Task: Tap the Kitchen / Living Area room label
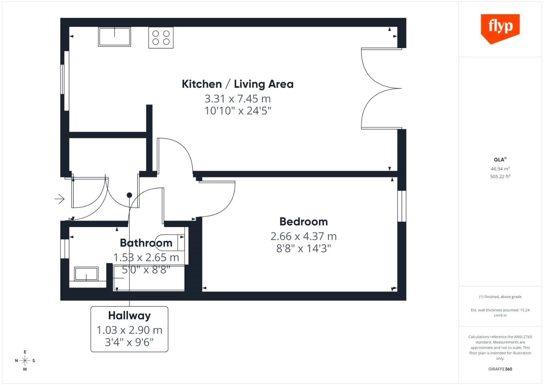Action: pyautogui.click(x=238, y=84)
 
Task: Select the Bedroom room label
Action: pyautogui.click(x=304, y=222)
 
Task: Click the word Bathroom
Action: pyautogui.click(x=146, y=243)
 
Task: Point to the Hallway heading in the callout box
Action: pyautogui.click(x=129, y=316)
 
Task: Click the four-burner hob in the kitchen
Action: pyautogui.click(x=161, y=38)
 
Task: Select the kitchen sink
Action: pyautogui.click(x=114, y=37)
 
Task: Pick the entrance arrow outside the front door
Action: pyautogui.click(x=59, y=199)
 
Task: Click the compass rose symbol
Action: pyautogui.click(x=25, y=361)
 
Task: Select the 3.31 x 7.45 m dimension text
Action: pyautogui.click(x=238, y=99)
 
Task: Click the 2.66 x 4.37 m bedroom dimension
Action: pyautogui.click(x=304, y=236)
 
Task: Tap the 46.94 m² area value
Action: pyautogui.click(x=500, y=169)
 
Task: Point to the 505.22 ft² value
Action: pyautogui.click(x=500, y=176)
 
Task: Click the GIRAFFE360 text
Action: pyautogui.click(x=500, y=369)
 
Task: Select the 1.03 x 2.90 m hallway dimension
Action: pyautogui.click(x=129, y=330)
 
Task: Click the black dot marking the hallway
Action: pyautogui.click(x=129, y=195)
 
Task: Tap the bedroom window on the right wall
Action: pyautogui.click(x=402, y=206)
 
